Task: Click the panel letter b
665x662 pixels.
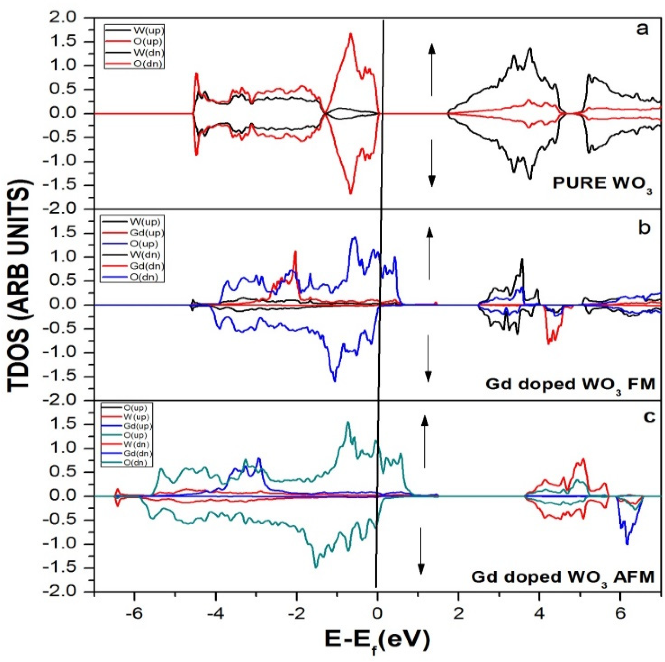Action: click(641, 228)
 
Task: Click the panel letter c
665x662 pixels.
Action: click(641, 418)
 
